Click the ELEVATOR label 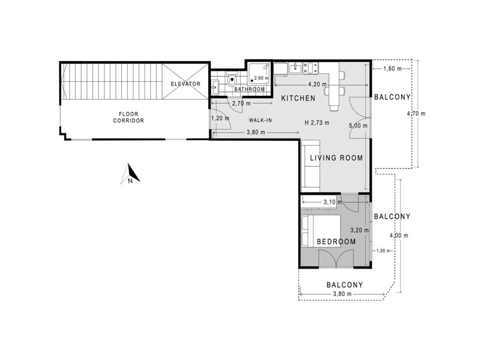(185, 84)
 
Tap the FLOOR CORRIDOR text (128, 118)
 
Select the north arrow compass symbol (131, 174)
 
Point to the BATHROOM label (250, 89)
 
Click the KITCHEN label (298, 98)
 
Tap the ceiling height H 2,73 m (317, 122)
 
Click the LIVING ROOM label (336, 158)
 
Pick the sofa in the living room (311, 164)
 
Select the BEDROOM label (336, 242)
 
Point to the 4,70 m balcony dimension (416, 114)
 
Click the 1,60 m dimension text (392, 69)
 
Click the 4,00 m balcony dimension (399, 236)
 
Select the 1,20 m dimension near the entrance (220, 118)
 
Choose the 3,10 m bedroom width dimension (329, 202)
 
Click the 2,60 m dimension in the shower (261, 78)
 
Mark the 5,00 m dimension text (358, 126)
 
